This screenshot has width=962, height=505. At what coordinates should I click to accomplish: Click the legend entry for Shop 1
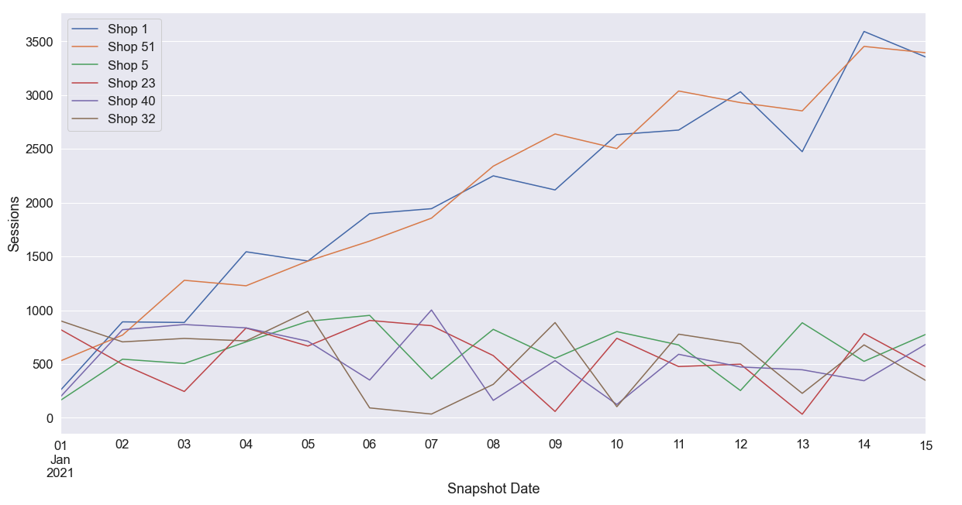(127, 29)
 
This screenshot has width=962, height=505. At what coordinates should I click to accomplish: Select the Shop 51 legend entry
(131, 47)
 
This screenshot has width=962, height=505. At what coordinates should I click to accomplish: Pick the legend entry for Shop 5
(127, 65)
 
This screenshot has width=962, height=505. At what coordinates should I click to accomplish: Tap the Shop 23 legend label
(131, 83)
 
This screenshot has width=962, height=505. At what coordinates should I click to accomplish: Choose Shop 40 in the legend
(131, 101)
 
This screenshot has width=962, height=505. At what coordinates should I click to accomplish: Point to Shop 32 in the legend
(131, 119)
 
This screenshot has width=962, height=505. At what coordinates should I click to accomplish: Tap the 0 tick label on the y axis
(49, 418)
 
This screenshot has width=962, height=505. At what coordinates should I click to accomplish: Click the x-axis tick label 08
(493, 445)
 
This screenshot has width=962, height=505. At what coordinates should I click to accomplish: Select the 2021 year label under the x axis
(60, 472)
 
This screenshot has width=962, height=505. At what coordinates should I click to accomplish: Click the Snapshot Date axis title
(493, 489)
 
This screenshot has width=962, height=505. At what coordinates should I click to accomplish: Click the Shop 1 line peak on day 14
(864, 32)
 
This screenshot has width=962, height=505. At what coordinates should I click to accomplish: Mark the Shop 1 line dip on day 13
(802, 151)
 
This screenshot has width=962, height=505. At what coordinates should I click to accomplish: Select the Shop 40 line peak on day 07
(432, 310)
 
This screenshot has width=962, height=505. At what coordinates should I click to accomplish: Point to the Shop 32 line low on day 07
(432, 414)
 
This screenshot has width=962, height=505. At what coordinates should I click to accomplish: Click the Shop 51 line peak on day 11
(678, 91)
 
